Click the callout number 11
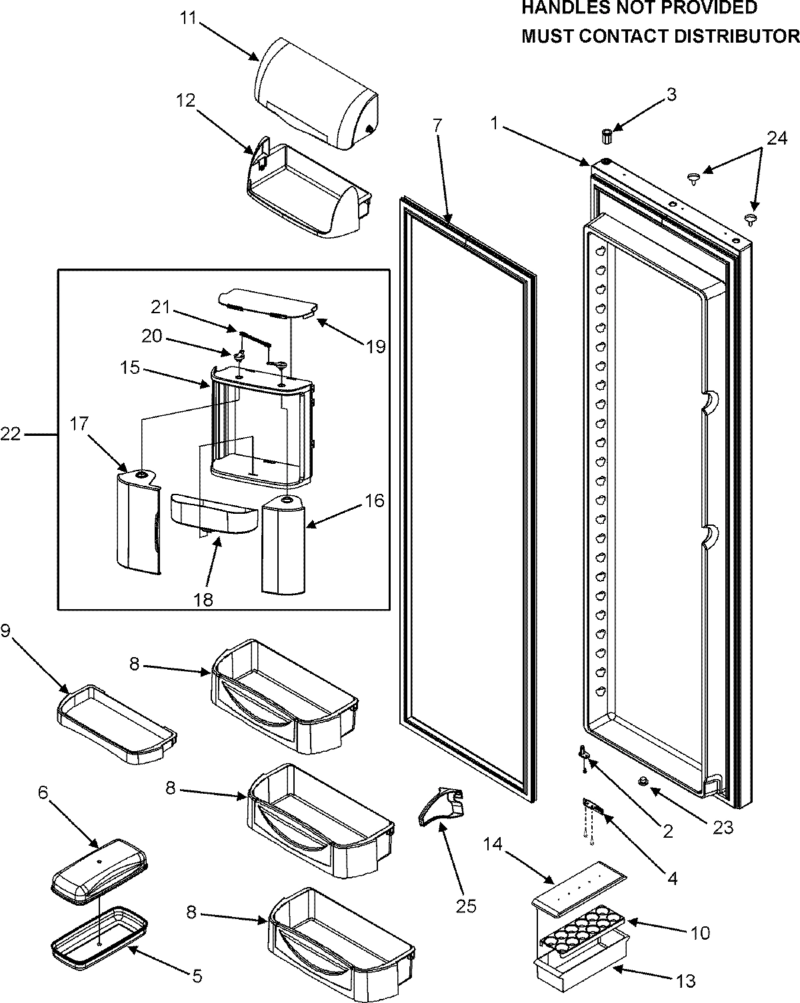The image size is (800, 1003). pos(188,17)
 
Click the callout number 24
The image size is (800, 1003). pos(775,138)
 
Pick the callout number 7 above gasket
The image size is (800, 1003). pos(437,124)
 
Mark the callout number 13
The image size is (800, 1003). pos(686,980)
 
